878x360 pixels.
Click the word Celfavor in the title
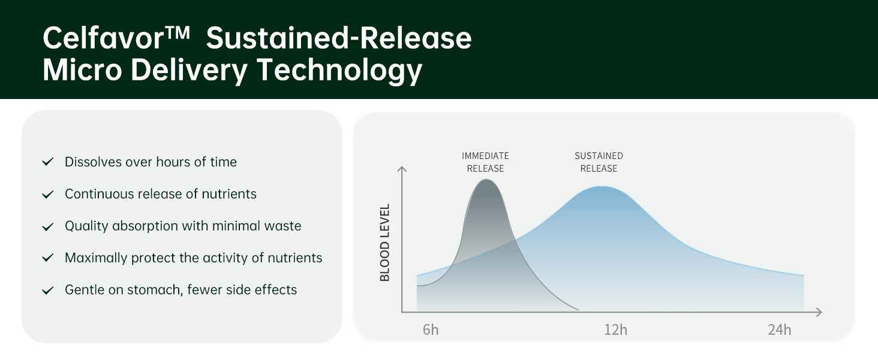[x=103, y=38]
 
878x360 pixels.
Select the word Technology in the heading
[x=339, y=70]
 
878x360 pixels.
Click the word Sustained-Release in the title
[x=339, y=38]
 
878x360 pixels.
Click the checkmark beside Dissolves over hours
[x=48, y=161]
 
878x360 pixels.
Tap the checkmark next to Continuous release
[x=48, y=194]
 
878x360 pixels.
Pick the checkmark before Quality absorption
[x=48, y=226]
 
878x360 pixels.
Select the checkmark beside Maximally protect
[x=48, y=257]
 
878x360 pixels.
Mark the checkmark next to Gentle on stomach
[x=48, y=290]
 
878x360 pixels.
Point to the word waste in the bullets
[x=283, y=226]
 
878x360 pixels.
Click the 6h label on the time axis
[x=431, y=330]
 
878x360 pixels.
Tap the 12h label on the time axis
[x=615, y=330]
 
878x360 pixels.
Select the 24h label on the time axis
[x=779, y=330]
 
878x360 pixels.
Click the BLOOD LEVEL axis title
[x=385, y=242]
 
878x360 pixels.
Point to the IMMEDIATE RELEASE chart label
[x=485, y=162]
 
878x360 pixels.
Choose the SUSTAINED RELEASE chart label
[x=599, y=162]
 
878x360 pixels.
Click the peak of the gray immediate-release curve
[x=486, y=179]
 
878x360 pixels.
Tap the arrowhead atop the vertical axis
[x=402, y=168]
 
